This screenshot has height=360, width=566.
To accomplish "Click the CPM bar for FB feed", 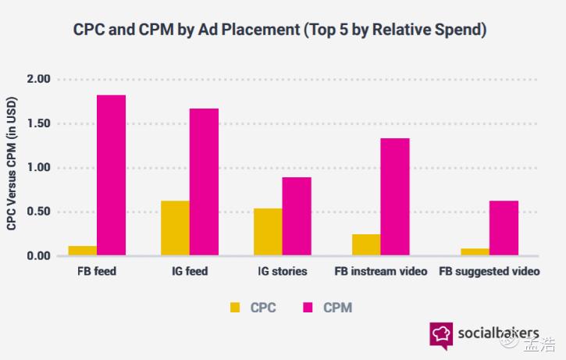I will point(111,175).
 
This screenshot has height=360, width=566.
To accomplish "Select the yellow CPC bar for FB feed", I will point(82,251).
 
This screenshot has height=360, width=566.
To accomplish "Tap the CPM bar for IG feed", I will point(204,181).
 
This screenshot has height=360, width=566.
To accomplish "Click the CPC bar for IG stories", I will point(268,232).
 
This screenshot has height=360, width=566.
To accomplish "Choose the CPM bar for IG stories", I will point(297,216).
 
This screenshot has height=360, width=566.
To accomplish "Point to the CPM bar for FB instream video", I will point(395,197).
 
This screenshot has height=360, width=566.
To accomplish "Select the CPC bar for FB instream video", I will point(366,244).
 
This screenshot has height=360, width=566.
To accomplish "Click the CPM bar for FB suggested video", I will point(504,228).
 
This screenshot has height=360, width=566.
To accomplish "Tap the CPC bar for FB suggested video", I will point(475,251).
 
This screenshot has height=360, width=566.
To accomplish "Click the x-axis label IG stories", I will point(283,272).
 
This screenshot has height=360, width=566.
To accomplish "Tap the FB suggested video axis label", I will point(489,272).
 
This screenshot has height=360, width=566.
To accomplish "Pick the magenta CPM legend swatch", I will point(308,308).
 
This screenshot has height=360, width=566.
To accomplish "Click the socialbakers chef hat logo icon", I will point(440,334).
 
